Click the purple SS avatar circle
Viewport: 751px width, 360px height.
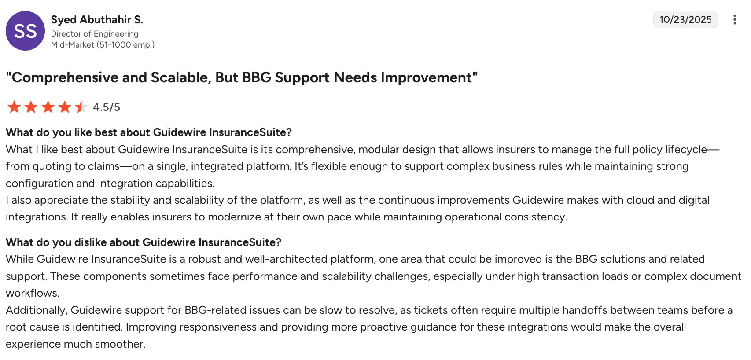tap(25, 31)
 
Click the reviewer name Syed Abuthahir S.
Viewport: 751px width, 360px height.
tap(97, 20)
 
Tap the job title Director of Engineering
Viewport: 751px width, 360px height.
tap(95, 34)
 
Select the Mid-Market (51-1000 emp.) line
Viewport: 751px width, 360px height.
tap(103, 45)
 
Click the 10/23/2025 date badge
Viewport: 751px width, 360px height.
tap(685, 20)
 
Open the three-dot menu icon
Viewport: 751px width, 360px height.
tap(734, 20)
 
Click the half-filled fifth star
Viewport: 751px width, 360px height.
tap(81, 107)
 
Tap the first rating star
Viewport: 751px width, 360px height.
tap(14, 107)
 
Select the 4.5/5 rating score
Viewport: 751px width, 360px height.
tap(107, 107)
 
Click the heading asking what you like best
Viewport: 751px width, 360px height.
tap(149, 132)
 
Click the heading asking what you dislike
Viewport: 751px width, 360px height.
tap(144, 242)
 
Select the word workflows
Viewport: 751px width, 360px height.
tap(32, 293)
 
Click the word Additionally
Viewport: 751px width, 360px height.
tap(36, 310)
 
